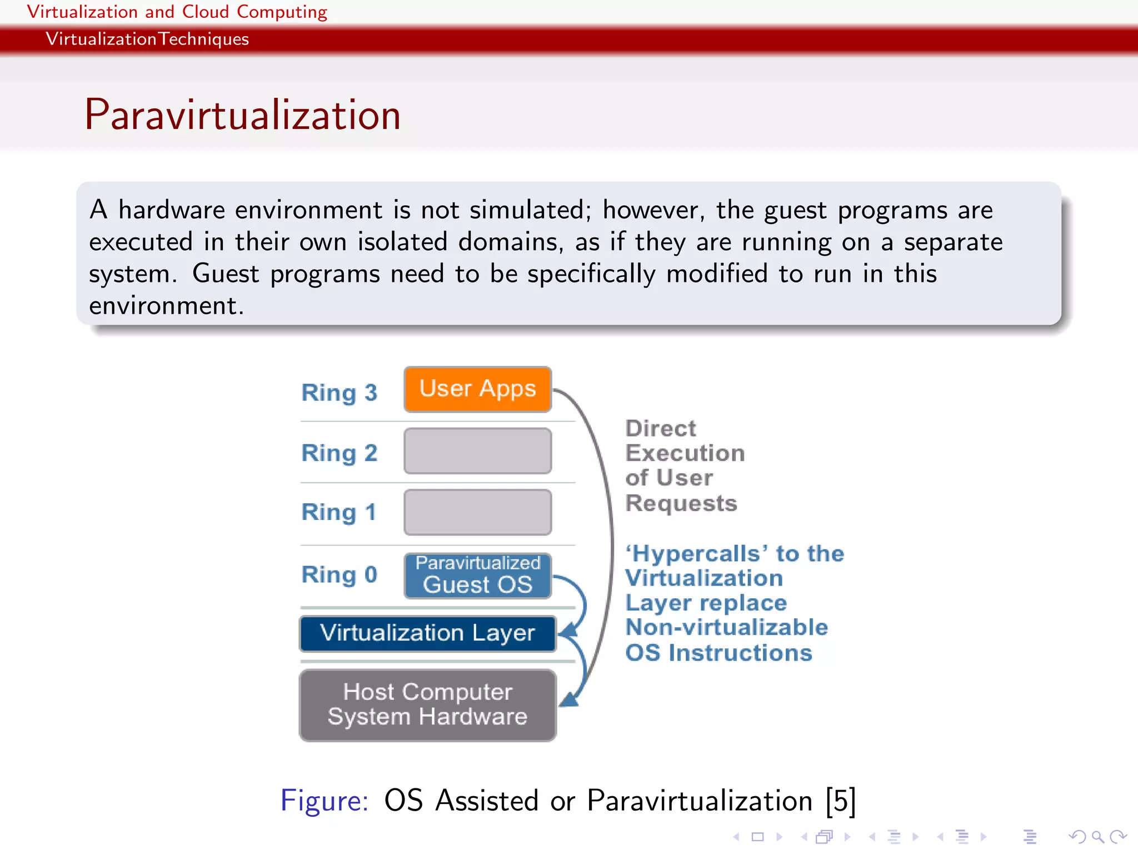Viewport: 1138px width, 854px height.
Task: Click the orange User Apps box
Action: coord(477,389)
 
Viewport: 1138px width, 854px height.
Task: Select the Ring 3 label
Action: coord(339,393)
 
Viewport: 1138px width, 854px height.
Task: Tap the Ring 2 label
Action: coord(339,453)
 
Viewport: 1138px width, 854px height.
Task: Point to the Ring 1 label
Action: coord(339,512)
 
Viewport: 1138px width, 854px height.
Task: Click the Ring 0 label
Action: coord(339,574)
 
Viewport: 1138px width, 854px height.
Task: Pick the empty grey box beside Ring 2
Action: coord(477,451)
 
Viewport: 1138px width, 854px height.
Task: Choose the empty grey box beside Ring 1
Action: coord(477,512)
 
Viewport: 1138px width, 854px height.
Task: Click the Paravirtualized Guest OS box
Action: coord(477,575)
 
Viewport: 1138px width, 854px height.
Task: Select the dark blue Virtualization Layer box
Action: coord(427,633)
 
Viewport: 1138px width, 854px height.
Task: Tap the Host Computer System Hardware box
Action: coord(427,705)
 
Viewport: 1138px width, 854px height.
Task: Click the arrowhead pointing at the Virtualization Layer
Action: coord(568,631)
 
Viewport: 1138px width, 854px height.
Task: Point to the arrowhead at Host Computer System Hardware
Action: coord(569,700)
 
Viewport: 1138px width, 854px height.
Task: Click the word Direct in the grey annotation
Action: coord(660,429)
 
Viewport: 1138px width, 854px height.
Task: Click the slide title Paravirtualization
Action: coord(242,115)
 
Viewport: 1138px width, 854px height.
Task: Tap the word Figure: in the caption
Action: coord(324,801)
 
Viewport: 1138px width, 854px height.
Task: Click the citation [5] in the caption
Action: coord(840,801)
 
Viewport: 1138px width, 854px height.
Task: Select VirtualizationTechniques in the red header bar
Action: coord(147,39)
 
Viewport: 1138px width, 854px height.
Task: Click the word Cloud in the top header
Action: coord(205,12)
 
